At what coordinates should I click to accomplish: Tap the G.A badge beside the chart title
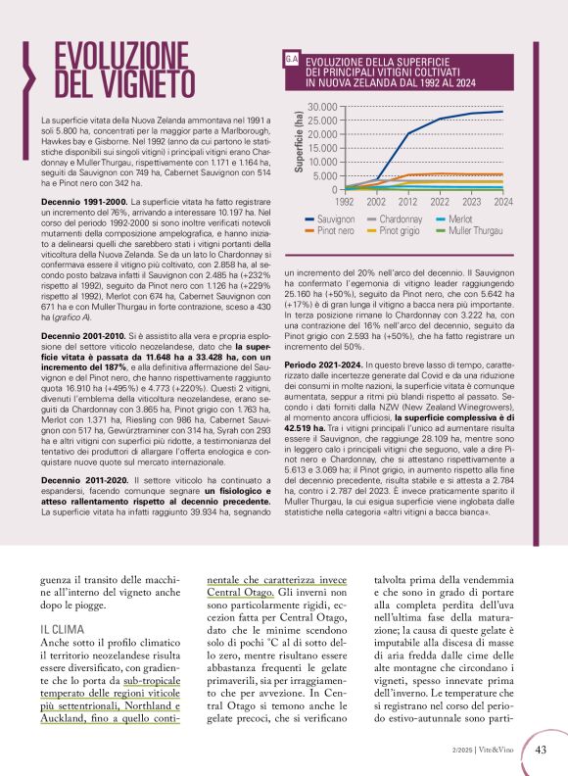(x=290, y=61)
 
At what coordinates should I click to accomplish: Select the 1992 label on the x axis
(x=346, y=201)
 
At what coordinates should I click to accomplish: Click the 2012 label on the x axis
(x=409, y=201)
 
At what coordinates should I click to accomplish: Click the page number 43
(x=541, y=751)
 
